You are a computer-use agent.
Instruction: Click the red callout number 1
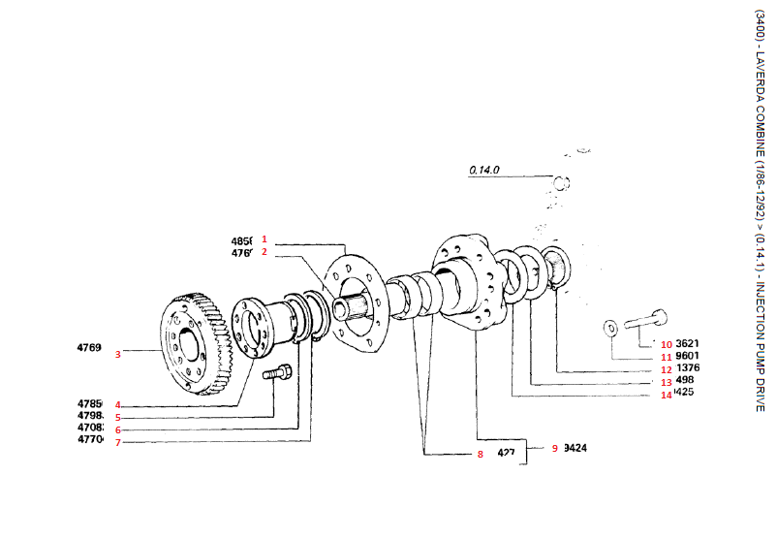264,238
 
